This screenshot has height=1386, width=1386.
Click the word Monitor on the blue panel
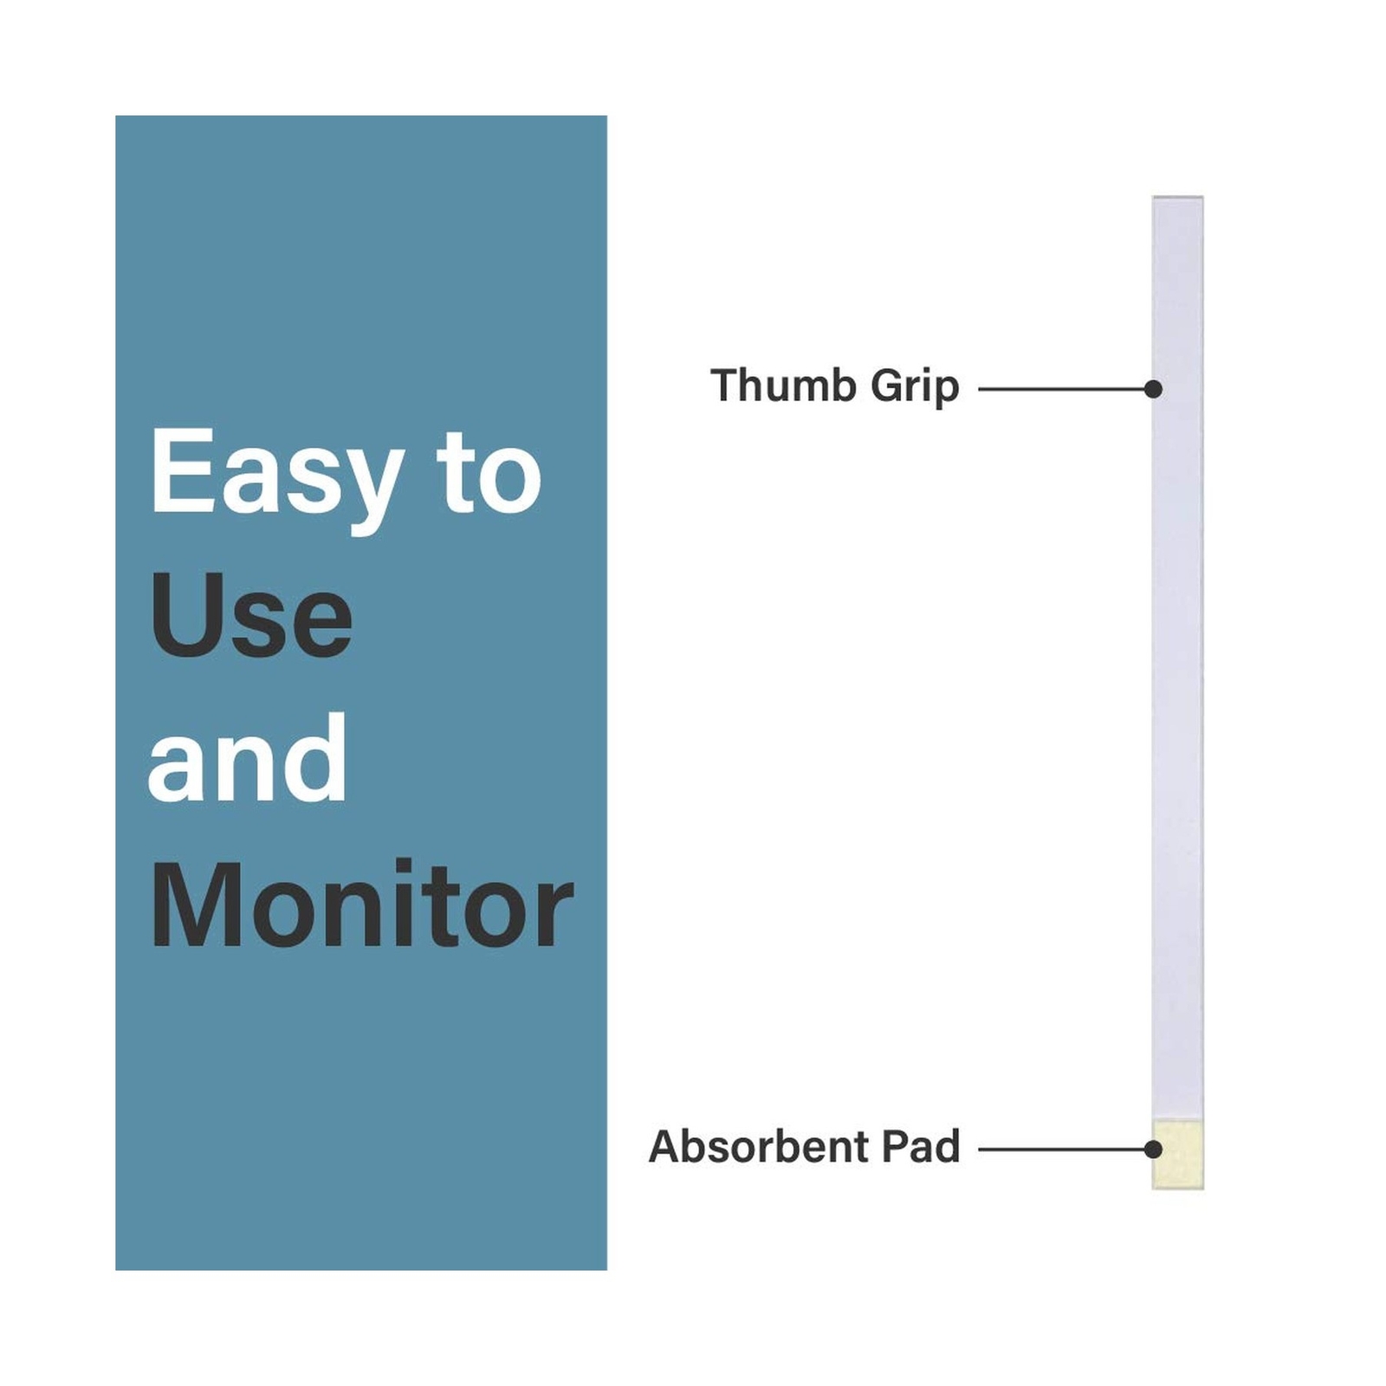362,905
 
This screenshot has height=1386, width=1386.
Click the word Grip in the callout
915,388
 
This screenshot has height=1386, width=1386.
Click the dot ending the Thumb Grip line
1153,389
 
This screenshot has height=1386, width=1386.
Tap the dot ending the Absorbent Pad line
1153,1150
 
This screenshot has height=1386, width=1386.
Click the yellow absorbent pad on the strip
1178,1155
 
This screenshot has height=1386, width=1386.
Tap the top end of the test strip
1178,198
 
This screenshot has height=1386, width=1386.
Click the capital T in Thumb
727,385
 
